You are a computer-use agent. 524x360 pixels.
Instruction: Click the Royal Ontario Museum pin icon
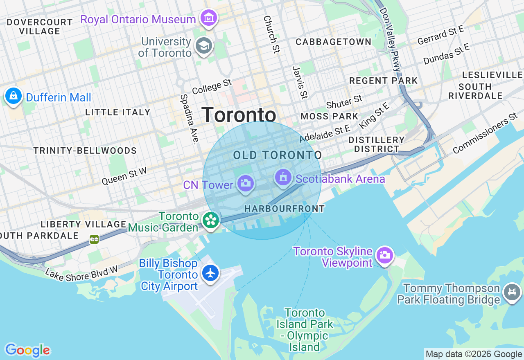click(x=209, y=18)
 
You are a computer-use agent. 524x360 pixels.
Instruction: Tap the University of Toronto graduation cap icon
click(x=203, y=45)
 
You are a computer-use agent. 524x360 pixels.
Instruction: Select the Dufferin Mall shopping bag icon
click(x=14, y=96)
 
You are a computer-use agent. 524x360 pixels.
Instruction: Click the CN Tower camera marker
click(x=245, y=183)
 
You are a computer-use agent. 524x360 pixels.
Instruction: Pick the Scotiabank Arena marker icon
click(x=283, y=178)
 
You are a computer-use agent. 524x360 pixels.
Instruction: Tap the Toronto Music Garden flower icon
click(x=211, y=220)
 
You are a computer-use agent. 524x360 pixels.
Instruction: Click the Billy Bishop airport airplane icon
click(x=211, y=273)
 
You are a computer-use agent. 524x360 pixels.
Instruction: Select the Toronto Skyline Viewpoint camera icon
click(x=384, y=255)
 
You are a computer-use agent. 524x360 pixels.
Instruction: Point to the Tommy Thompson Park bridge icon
click(x=512, y=292)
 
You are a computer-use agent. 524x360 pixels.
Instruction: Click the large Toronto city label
click(x=239, y=115)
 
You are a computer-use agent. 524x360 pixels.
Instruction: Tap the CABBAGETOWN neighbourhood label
click(x=334, y=42)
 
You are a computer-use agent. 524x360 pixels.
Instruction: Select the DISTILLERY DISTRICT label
click(x=376, y=144)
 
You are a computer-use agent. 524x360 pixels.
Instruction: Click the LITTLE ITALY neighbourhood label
click(x=118, y=112)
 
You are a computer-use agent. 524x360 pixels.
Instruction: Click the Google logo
click(x=27, y=350)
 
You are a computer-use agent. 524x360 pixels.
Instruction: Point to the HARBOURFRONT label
click(x=285, y=209)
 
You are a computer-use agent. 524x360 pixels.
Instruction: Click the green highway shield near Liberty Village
click(x=94, y=239)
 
